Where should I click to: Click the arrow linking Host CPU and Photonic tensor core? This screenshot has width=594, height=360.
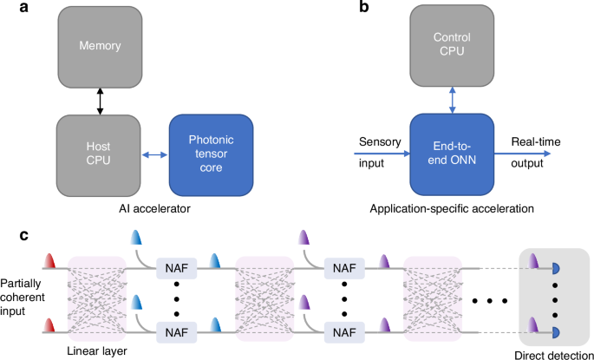pyautogui.click(x=157, y=154)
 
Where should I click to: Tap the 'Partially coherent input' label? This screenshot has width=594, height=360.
pyautogui.click(x=21, y=297)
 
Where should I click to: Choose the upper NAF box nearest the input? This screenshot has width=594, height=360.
pyautogui.click(x=177, y=267)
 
